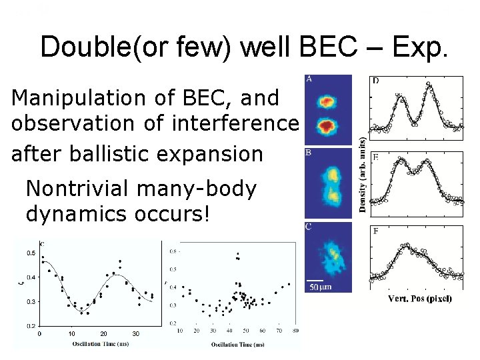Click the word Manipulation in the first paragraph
pos(64,98)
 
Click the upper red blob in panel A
pos(327,101)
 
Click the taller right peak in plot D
pos(428,85)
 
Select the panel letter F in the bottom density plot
pos(377,231)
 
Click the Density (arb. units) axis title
pos(362,175)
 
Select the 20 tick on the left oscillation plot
pos(103,333)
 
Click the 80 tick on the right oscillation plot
pos(295,331)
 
